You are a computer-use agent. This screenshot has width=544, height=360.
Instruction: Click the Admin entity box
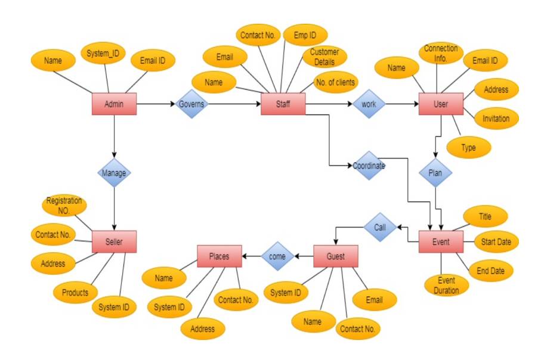coord(114,104)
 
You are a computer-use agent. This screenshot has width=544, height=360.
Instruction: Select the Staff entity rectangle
coord(283,104)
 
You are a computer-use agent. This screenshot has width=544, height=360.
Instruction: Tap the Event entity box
coord(441,241)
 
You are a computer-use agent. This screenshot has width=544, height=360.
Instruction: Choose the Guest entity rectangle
coord(335,256)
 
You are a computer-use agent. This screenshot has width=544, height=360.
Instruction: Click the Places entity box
coord(220,256)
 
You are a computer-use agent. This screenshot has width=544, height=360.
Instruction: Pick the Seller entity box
coord(114,241)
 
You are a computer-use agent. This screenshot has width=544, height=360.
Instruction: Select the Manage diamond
coord(114,172)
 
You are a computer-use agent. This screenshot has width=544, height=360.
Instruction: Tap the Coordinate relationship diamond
coord(369,166)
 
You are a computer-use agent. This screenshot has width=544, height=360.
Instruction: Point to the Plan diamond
coord(436,172)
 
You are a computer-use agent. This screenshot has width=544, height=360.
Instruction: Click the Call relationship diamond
coord(380,227)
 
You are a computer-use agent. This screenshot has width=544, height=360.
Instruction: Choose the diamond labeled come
coord(278,256)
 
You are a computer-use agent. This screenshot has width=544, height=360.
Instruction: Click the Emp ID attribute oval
coord(305,35)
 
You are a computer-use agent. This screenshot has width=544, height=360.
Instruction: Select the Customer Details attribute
coord(324,57)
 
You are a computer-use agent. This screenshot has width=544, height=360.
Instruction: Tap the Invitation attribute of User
coord(496,118)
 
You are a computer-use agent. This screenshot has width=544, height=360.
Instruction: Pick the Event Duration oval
coord(447,285)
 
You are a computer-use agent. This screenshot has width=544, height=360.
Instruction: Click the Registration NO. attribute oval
coord(64,206)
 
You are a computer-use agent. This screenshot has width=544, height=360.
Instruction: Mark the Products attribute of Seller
coord(75,292)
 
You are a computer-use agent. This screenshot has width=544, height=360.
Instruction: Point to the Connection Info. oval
coord(441,54)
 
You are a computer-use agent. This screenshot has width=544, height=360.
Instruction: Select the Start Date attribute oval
coord(496,242)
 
